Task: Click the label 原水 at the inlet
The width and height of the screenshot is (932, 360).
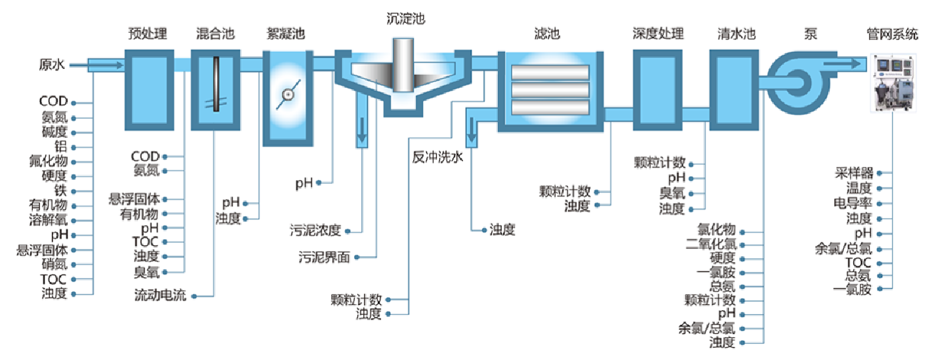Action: [52, 64]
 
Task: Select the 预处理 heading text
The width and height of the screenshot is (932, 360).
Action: [148, 34]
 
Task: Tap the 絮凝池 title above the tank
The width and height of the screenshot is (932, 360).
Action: [286, 34]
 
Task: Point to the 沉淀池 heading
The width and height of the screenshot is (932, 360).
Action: [405, 18]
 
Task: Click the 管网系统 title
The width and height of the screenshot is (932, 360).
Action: [892, 34]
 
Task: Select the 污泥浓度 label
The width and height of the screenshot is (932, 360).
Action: [316, 231]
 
